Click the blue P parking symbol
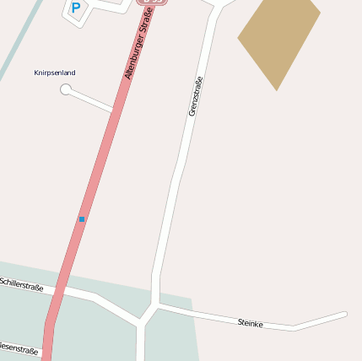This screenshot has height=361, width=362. tap(75, 8)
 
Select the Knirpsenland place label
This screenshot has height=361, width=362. tap(55, 73)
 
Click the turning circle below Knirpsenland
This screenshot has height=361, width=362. tap(66, 89)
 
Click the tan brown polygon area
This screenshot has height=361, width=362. tap(279, 38)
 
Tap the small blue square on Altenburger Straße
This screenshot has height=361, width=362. tap(82, 219)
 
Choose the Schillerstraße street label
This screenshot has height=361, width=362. tap(22, 285)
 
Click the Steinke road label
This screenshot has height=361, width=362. tap(251, 323)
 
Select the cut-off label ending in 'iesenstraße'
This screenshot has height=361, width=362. tap(19, 348)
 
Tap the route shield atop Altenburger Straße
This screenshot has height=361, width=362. tap(150, 2)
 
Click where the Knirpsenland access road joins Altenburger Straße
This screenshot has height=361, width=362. tap(113, 110)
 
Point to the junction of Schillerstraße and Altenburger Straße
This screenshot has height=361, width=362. tap(60, 289)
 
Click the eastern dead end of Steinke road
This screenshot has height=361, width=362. tap(344, 315)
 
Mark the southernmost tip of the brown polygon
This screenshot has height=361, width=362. tap(277, 89)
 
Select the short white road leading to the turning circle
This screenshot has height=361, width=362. tap(89, 100)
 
